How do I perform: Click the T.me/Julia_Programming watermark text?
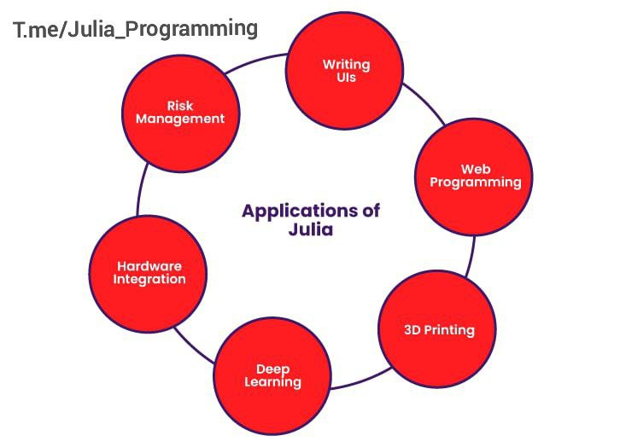[x=135, y=29]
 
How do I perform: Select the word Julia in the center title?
[x=311, y=229]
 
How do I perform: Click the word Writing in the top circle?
[x=347, y=65]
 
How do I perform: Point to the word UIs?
[x=347, y=78]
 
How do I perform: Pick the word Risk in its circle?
[x=180, y=106]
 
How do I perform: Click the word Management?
[x=180, y=119]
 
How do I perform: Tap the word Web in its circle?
[x=476, y=170]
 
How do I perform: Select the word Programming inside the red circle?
[x=476, y=183]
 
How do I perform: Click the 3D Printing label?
[x=439, y=330]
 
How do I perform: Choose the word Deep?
[x=272, y=369]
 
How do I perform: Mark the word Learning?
[x=272, y=382]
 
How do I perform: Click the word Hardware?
[x=149, y=266]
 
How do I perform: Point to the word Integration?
[x=149, y=279]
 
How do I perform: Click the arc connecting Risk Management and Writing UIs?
[x=255, y=61]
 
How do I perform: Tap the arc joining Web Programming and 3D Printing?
[x=471, y=256]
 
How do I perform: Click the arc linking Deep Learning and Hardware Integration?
[x=193, y=345]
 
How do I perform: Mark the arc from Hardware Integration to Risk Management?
[x=141, y=189]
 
